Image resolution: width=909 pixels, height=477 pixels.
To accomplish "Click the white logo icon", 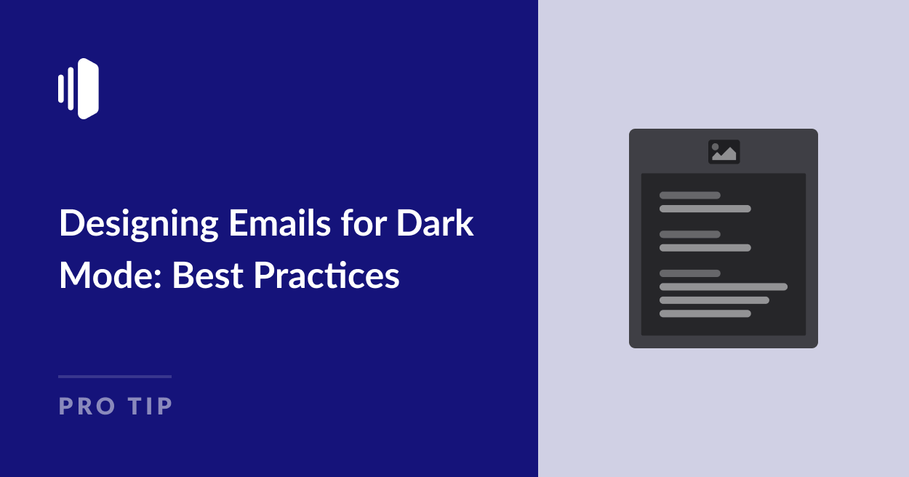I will point(79,89).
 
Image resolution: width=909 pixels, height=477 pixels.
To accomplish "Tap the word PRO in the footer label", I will point(87,406).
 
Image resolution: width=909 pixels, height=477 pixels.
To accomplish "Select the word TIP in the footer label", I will point(151,406).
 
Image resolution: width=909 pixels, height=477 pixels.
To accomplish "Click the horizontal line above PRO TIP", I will point(115,377).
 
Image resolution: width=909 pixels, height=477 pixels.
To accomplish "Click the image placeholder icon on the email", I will point(724,151).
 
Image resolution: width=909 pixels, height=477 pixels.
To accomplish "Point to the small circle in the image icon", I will point(716,147).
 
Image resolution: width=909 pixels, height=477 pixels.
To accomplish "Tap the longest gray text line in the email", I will point(723,286).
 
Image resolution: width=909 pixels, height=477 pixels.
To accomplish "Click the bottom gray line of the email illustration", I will point(705,313).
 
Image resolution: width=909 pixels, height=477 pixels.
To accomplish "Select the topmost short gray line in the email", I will point(689,195).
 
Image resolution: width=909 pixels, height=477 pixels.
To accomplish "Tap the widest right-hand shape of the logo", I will point(89,89).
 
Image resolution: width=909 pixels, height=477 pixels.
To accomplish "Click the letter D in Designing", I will point(69,223).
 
